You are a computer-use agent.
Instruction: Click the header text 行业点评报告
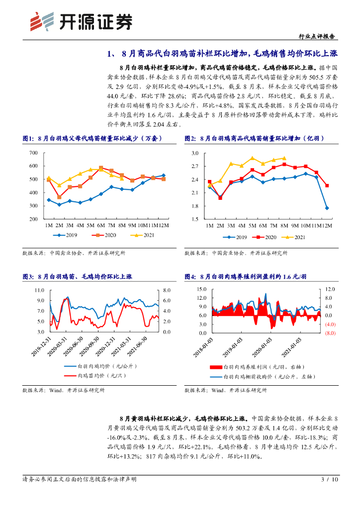click(x=318, y=36)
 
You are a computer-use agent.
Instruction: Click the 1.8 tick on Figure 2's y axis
click(x=194, y=206)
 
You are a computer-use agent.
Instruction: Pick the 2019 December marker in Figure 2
click(x=327, y=208)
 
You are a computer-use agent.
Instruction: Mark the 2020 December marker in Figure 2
click(x=327, y=186)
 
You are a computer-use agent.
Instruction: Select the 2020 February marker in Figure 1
click(x=59, y=197)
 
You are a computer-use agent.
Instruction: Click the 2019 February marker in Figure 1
click(x=59, y=204)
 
